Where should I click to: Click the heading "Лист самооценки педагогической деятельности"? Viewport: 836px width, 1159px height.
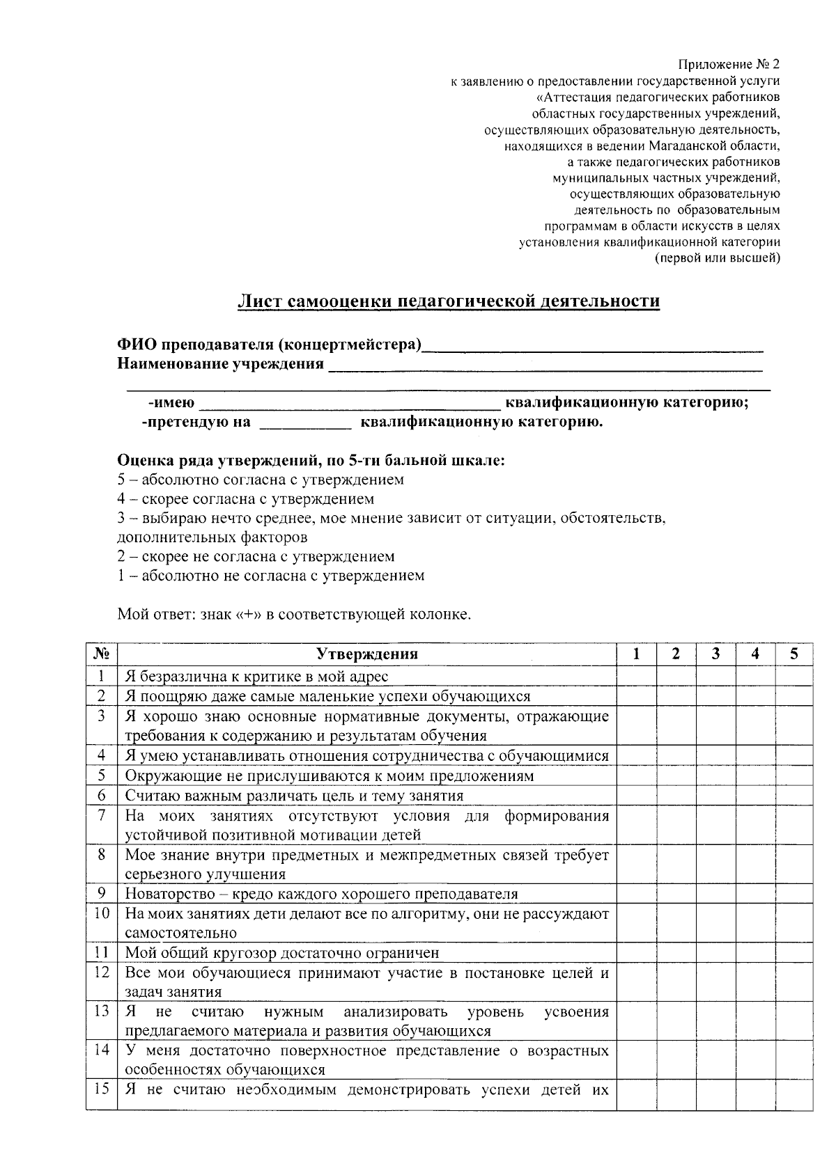[x=448, y=301]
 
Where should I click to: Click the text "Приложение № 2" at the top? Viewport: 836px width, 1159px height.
[x=729, y=65]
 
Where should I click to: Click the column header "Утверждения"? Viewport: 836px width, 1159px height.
[x=367, y=654]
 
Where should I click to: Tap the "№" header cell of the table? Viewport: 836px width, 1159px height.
[x=102, y=654]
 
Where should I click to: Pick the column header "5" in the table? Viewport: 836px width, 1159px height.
[x=794, y=654]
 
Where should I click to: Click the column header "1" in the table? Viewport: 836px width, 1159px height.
[x=636, y=654]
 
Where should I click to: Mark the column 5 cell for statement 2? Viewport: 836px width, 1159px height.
[x=794, y=695]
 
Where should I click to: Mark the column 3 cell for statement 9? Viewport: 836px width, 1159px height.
[x=715, y=893]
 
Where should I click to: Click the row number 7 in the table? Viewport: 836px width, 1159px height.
[x=102, y=815]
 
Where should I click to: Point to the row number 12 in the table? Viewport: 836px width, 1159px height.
[x=102, y=972]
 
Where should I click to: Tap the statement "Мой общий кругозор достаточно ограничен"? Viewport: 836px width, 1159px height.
[x=282, y=952]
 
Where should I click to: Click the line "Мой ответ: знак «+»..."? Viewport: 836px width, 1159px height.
[x=295, y=615]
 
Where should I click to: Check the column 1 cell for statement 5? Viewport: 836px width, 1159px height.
[x=636, y=775]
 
